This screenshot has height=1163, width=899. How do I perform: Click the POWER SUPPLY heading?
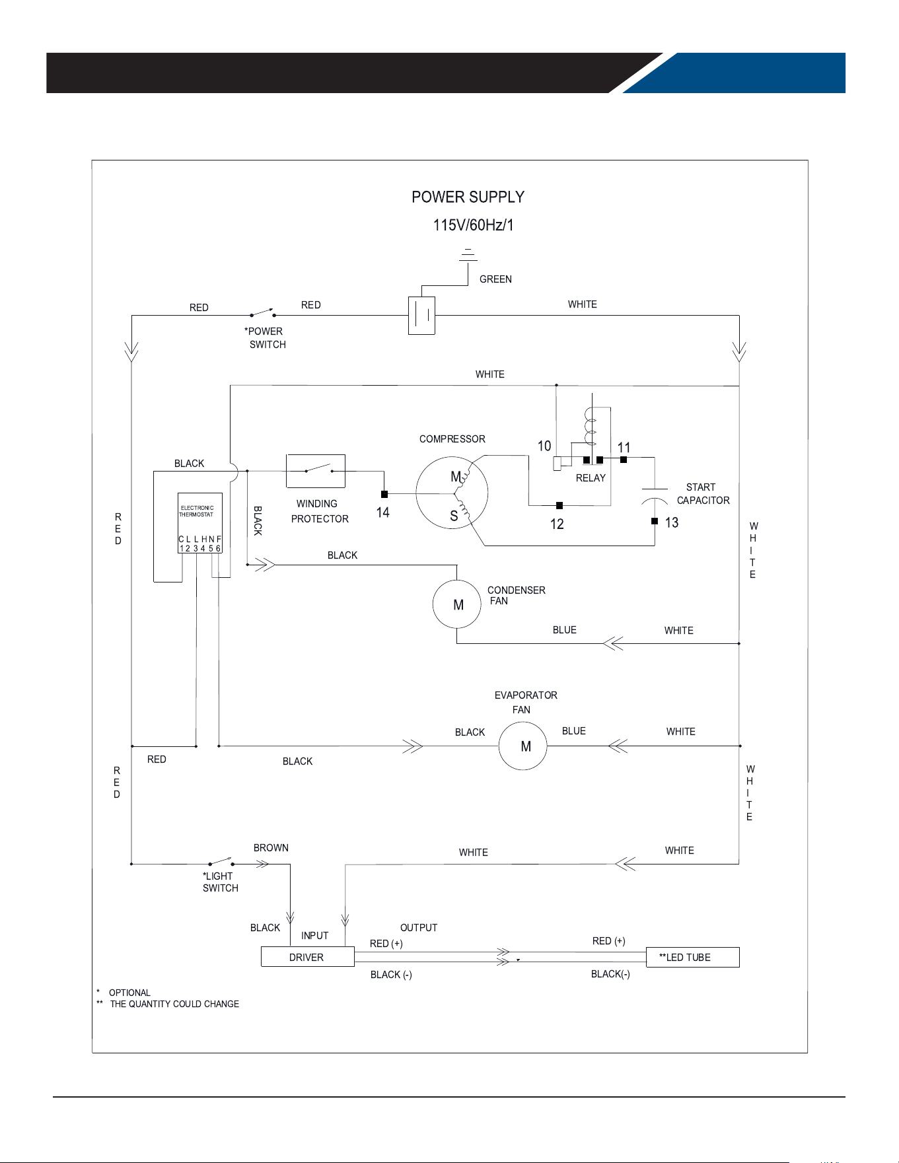pyautogui.click(x=468, y=197)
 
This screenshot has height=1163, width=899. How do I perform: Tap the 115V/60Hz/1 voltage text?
pyautogui.click(x=473, y=225)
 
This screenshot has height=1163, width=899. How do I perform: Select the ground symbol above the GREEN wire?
pyautogui.click(x=468, y=255)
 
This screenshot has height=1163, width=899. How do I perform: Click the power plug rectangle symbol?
pyautogui.click(x=421, y=316)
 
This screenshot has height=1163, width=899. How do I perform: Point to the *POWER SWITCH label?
pyautogui.click(x=266, y=337)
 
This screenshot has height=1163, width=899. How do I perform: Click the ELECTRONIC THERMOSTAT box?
pyautogui.click(x=199, y=522)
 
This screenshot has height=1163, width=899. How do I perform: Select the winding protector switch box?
pyautogui.click(x=316, y=471)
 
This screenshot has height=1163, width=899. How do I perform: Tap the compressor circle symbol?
pyautogui.click(x=452, y=493)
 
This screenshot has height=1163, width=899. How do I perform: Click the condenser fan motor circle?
pyautogui.click(x=457, y=604)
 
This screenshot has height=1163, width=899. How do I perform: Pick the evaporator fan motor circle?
pyautogui.click(x=522, y=746)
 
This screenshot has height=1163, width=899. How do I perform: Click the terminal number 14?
pyautogui.click(x=382, y=512)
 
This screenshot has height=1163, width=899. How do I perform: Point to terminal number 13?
pyautogui.click(x=672, y=523)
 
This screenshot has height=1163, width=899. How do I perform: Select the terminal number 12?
pyautogui.click(x=557, y=524)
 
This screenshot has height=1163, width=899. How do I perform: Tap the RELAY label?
pyautogui.click(x=591, y=478)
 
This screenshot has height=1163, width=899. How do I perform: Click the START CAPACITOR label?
pyautogui.click(x=703, y=494)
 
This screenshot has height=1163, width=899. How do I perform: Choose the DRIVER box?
pyautogui.click(x=308, y=957)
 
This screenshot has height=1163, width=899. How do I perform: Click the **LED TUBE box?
pyautogui.click(x=692, y=957)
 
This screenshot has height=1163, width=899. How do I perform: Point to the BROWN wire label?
pyautogui.click(x=271, y=848)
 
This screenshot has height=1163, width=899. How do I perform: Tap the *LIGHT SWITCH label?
pyautogui.click(x=220, y=882)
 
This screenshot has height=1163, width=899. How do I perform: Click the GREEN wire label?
pyautogui.click(x=495, y=279)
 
